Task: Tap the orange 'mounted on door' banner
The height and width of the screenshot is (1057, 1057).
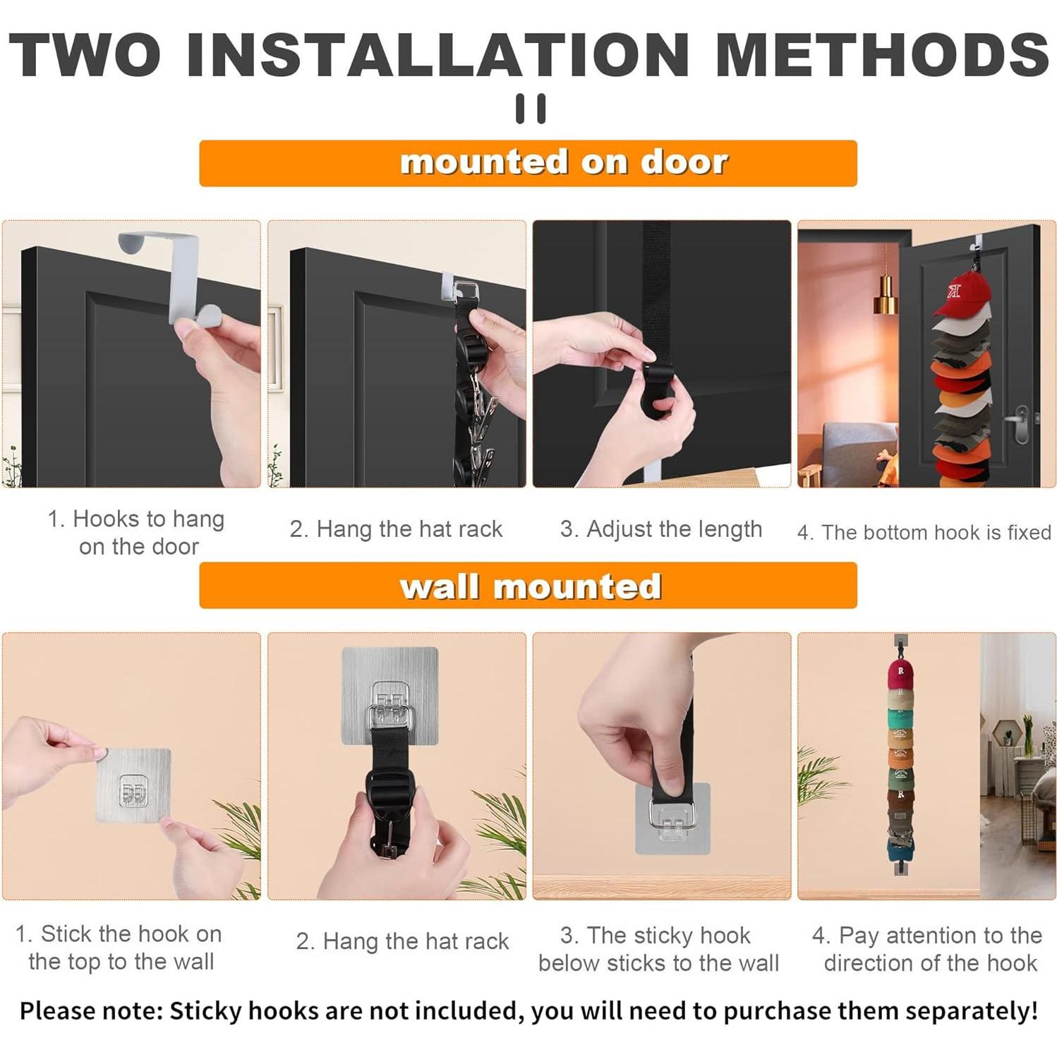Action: pos(528,163)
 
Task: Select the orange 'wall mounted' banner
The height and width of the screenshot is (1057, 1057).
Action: pos(528,586)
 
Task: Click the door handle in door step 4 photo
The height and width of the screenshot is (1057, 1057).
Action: pos(1021,423)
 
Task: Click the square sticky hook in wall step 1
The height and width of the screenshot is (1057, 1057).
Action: pos(133,785)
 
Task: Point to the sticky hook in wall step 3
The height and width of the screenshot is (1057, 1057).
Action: pos(672,819)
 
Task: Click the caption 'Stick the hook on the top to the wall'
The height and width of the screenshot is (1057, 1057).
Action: pos(119,947)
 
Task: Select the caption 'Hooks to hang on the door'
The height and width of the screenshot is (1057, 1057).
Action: pos(137,533)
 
